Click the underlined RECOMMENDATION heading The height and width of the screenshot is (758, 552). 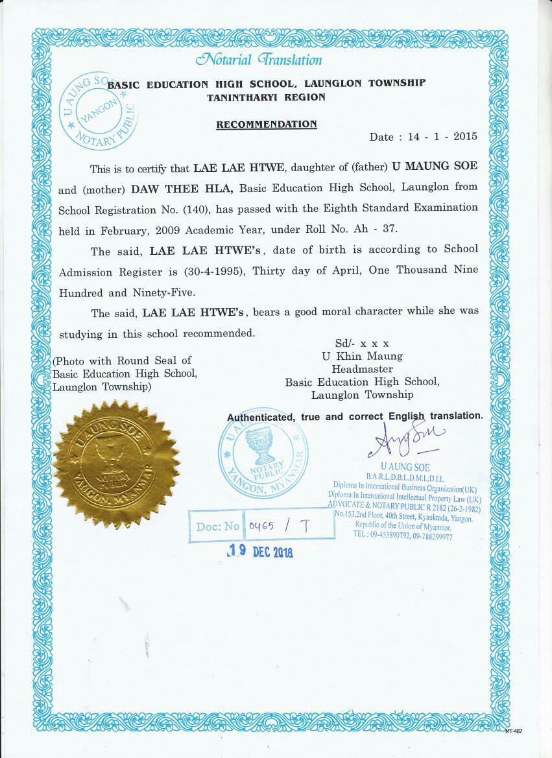click(267, 124)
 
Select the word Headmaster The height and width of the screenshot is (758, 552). click(362, 368)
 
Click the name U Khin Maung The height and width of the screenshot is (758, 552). click(362, 356)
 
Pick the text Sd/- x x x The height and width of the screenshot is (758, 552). click(362, 343)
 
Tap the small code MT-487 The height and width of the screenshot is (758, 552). click(513, 731)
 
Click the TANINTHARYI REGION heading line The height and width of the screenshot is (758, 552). click(267, 97)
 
